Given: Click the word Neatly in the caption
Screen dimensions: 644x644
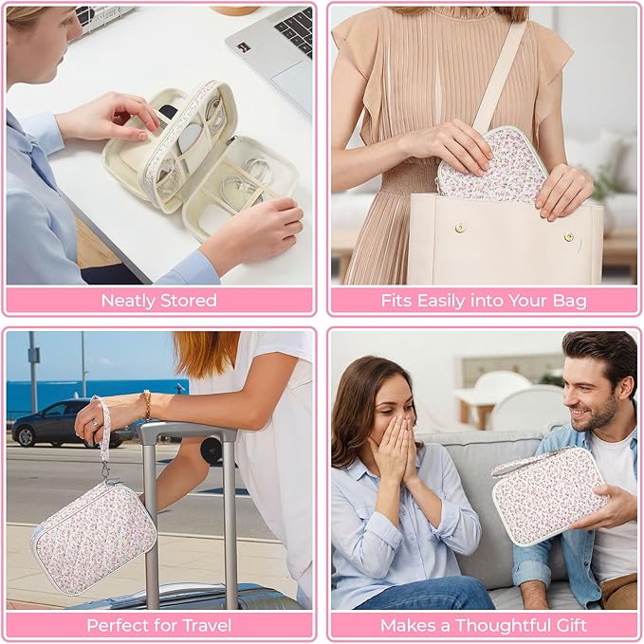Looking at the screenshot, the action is pos(129,301).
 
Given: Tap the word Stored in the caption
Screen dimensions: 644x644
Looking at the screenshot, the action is pos(189,301).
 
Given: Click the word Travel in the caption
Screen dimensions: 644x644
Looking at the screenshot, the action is pos(207,626).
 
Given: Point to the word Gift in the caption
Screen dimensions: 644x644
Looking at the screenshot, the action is pos(572,626).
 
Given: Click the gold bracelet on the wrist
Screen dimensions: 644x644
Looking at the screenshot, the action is pos(146,405).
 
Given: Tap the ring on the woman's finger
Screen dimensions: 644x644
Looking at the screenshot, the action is pos(95,423).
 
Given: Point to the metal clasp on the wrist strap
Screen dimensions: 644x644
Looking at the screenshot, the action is pos(106,471).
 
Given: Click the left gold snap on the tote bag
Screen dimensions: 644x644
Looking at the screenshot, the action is pos(460,228).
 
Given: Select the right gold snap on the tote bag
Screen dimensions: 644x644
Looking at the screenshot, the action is pos(569,236).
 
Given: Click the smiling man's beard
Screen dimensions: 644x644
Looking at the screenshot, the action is pos(598,413).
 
